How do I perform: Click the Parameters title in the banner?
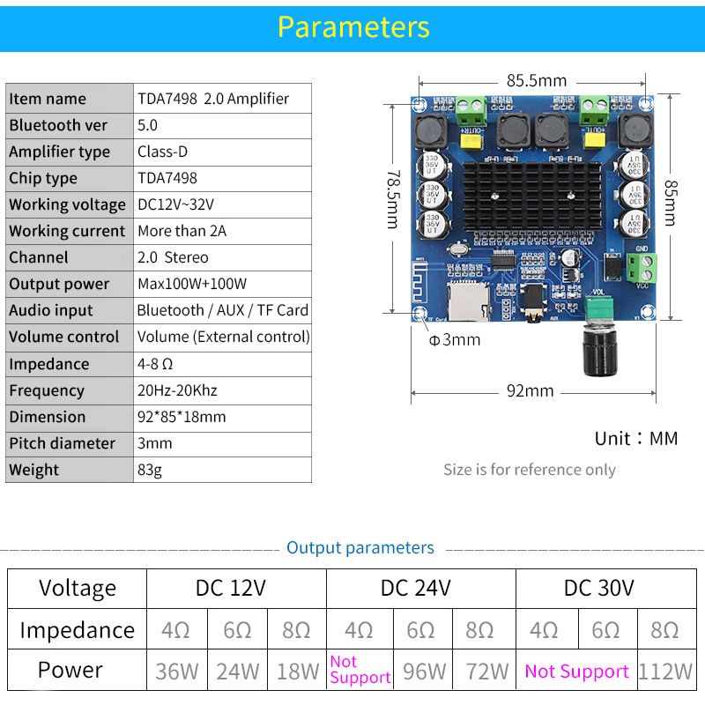353,26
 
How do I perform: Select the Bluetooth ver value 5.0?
147,125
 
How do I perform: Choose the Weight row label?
34,470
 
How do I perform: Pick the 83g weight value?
150,470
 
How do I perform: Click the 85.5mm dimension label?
536,79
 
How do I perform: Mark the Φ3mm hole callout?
455,340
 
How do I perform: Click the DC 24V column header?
416,588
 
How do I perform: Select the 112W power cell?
665,671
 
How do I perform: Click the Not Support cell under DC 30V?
576,671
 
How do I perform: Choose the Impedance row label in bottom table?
78,630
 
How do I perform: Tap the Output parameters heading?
360,548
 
